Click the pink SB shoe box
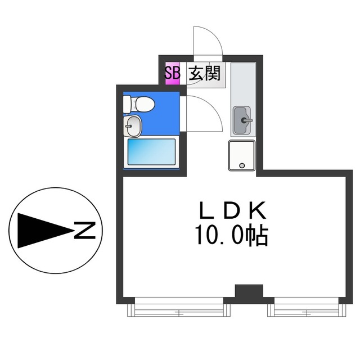click(x=172, y=74)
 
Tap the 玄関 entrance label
click(x=204, y=74)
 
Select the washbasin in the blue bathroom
click(x=133, y=127)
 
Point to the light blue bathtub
click(x=151, y=152)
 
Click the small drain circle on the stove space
click(x=242, y=165)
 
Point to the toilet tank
click(x=128, y=104)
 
